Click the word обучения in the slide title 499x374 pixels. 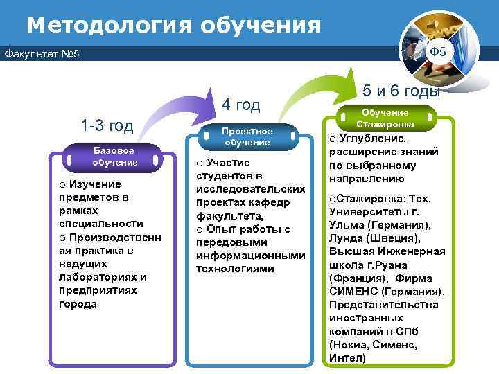[x=261, y=25]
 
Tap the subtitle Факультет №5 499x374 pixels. [x=42, y=54]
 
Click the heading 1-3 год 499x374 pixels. [x=106, y=125]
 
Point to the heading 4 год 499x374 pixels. [x=240, y=105]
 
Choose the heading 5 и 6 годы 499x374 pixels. [x=401, y=91]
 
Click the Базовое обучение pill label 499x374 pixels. [x=114, y=157]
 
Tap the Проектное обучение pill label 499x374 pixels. [x=247, y=136]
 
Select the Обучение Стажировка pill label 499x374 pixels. [x=385, y=118]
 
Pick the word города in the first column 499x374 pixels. [x=78, y=304]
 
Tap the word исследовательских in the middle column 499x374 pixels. [x=250, y=189]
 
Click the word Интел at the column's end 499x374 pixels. [x=348, y=357]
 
